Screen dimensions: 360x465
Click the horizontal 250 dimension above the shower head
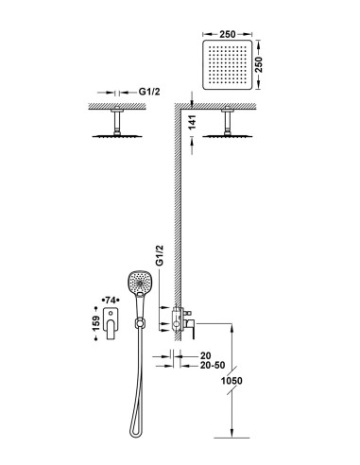pos(228,34)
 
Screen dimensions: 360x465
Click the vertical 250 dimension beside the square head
pos(259,64)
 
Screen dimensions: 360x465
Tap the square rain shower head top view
pos(228,64)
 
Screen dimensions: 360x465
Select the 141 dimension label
pos(193,122)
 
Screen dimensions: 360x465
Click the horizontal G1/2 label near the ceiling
pos(149,92)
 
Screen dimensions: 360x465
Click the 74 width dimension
pos(111,300)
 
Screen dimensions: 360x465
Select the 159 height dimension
pos(96,323)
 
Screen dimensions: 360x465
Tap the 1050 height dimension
pos(231,381)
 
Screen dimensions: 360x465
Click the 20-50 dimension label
pos(213,366)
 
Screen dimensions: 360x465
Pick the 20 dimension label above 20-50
pos(205,356)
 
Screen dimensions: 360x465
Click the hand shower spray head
pos(138,283)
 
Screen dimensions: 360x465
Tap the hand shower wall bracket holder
pos(139,323)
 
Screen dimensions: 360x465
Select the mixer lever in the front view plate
pos(111,329)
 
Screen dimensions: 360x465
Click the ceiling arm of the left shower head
pos(117,122)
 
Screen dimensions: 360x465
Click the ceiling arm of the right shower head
pos(228,122)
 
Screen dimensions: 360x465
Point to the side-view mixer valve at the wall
pos(182,322)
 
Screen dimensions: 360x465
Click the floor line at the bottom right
pos(231,438)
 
